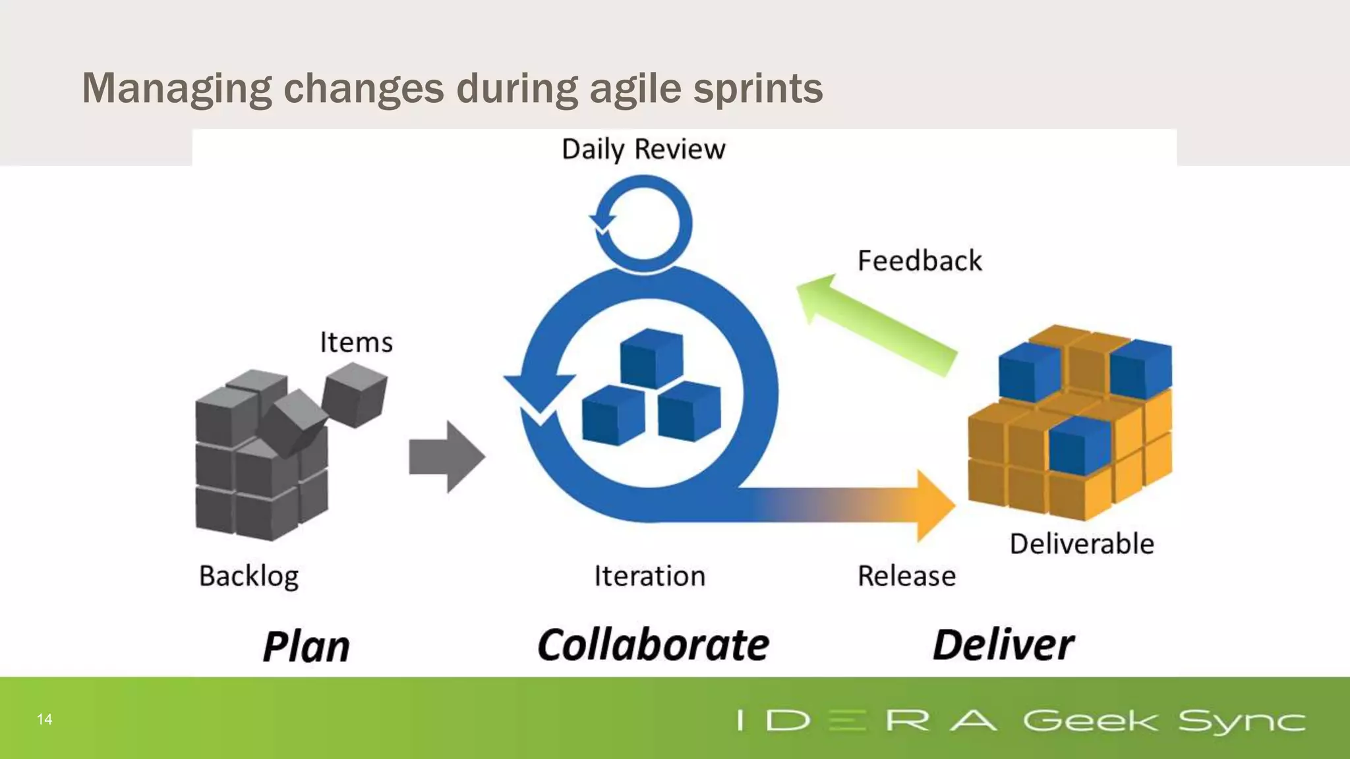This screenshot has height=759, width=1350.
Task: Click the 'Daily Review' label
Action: click(x=643, y=150)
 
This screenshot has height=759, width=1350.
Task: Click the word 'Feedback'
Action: click(x=920, y=261)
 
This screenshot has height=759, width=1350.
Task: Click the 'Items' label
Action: click(x=356, y=343)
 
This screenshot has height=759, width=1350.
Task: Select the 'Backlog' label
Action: click(x=249, y=576)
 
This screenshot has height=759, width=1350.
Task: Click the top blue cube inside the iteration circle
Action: click(x=651, y=359)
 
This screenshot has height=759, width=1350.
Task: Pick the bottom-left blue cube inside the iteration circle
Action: click(x=612, y=416)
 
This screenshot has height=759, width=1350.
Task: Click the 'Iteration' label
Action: click(x=649, y=576)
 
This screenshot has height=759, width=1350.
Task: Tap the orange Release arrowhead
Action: click(x=935, y=505)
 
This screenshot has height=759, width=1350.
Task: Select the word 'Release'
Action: click(x=906, y=576)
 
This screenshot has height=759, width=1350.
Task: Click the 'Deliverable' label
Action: click(x=1082, y=544)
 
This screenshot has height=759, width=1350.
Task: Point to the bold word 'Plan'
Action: click(x=307, y=646)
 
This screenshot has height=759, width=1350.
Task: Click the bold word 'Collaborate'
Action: click(x=653, y=645)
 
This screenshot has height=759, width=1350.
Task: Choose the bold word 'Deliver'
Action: click(x=1003, y=645)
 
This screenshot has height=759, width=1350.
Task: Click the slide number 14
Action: click(x=44, y=719)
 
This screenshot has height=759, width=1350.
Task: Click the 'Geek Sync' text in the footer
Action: click(x=1163, y=721)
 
